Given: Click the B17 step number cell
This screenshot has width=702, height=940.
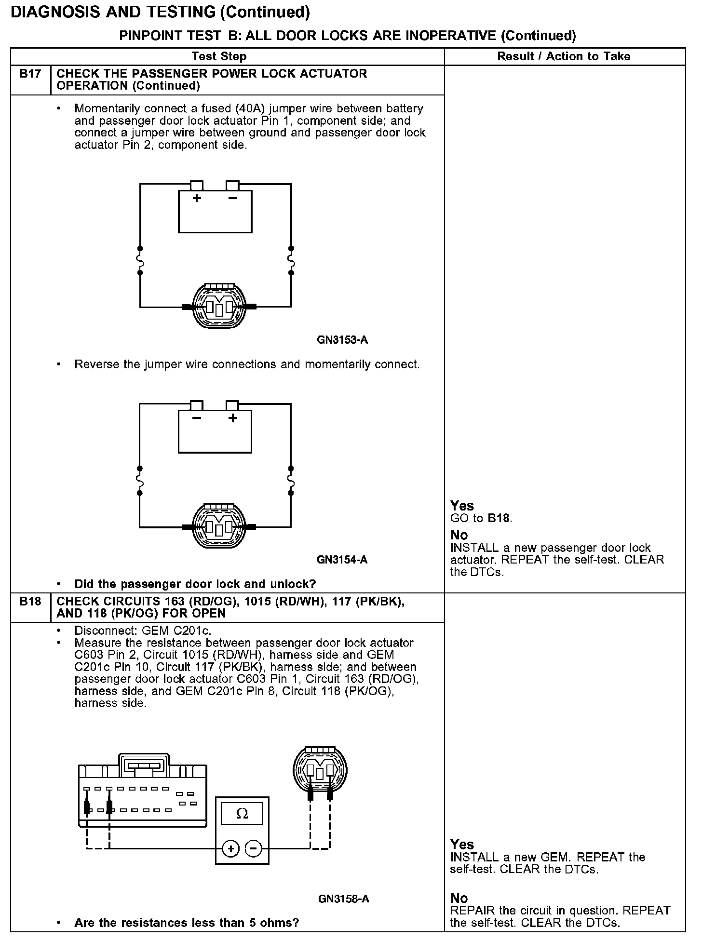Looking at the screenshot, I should (x=30, y=74).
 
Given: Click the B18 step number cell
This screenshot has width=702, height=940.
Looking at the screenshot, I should (x=30, y=602).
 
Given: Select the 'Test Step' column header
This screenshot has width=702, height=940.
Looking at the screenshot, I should (x=219, y=56).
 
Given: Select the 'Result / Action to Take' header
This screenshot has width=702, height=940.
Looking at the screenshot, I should (x=564, y=56).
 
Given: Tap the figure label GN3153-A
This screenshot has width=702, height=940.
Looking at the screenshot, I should (x=342, y=340).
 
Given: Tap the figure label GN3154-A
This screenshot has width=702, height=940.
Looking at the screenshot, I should (x=342, y=560).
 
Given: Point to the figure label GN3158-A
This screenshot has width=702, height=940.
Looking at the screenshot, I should (x=344, y=899).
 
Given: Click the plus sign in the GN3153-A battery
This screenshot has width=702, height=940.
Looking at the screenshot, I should (x=197, y=198).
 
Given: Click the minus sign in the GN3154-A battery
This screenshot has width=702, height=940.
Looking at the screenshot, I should (x=197, y=417).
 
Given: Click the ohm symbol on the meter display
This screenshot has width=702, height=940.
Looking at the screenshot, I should (x=243, y=814).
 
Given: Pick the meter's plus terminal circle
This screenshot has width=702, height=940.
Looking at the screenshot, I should (x=231, y=848).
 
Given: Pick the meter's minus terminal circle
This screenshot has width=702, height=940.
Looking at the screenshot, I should (x=254, y=848).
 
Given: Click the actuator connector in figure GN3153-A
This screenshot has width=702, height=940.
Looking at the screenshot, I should (x=219, y=307).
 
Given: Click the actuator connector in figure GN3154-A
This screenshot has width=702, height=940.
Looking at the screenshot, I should (x=219, y=527).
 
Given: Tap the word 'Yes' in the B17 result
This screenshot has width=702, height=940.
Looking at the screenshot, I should (x=462, y=506).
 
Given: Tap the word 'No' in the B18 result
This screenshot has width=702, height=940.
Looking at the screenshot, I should (x=459, y=898).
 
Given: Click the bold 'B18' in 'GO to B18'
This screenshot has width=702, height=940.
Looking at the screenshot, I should (x=499, y=518).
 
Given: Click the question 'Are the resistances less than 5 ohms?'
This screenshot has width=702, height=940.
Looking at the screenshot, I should (x=187, y=923).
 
